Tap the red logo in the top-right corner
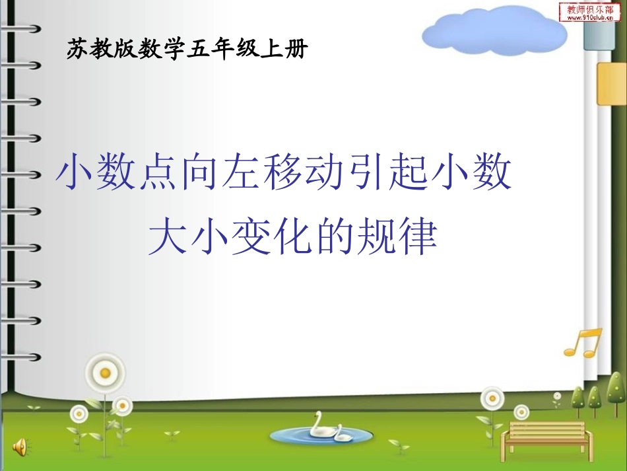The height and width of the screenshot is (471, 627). point(590,11)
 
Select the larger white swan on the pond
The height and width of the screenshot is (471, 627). point(319,425)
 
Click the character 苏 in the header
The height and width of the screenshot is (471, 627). point(77,49)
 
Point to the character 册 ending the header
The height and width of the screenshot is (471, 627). point(297,49)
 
